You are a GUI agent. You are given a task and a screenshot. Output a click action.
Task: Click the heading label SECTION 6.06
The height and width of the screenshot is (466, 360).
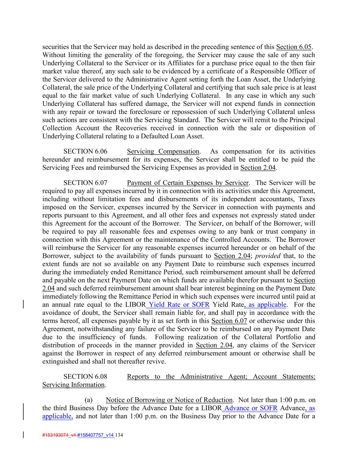click(85, 151)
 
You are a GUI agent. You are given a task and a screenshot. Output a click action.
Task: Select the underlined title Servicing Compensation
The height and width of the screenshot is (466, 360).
click(163, 151)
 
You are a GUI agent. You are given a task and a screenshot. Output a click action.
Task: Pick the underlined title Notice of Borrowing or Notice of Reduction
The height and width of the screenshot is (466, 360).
click(169, 400)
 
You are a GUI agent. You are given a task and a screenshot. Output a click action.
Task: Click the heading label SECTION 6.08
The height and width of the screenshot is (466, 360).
click(85, 377)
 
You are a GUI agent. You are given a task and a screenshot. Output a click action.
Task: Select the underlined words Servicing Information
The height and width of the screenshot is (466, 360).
click(73, 385)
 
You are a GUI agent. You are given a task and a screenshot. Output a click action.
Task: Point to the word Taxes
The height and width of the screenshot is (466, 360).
click(306, 199)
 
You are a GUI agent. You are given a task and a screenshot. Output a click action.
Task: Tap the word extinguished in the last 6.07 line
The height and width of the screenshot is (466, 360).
click(60, 362)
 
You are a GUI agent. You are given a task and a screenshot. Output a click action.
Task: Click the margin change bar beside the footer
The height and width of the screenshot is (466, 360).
click(23, 435)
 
